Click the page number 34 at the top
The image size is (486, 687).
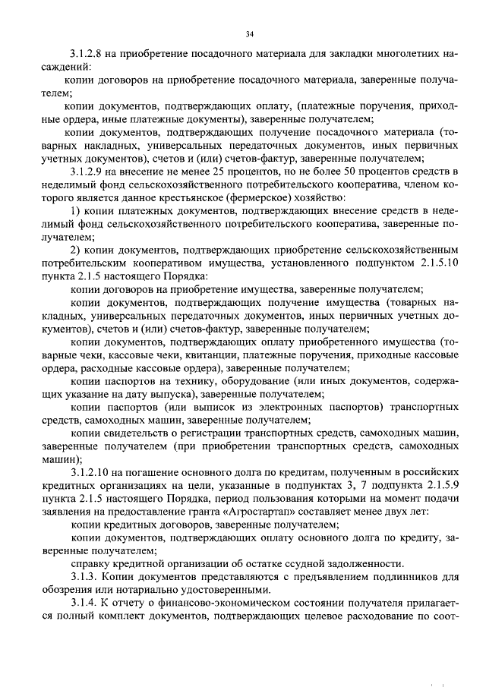click(250, 33)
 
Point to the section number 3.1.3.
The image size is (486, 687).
click(81, 578)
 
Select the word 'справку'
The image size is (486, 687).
click(90, 565)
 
